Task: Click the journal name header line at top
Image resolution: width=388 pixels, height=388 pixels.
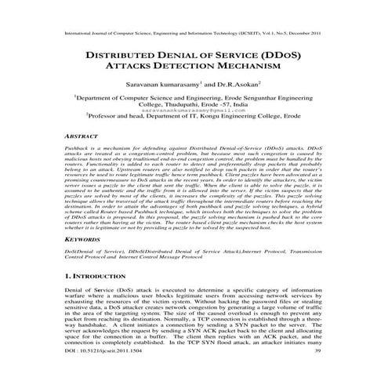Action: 194,34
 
